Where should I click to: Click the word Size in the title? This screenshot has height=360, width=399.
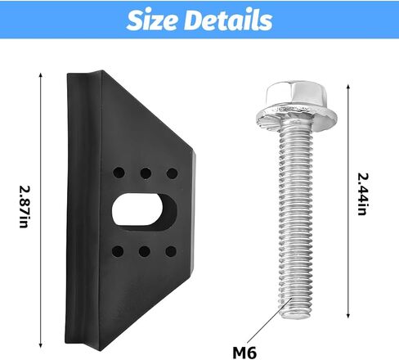click(153, 20)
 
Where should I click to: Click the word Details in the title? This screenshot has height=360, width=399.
click(228, 20)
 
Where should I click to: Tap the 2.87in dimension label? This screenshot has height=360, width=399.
click(24, 207)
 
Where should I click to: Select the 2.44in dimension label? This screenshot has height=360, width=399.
click(362, 194)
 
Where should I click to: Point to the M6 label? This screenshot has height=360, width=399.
click(244, 353)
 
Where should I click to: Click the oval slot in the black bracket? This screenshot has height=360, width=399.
click(144, 209)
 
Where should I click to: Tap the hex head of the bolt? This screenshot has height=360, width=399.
click(296, 95)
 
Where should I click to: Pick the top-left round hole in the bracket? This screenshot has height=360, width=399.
click(119, 173)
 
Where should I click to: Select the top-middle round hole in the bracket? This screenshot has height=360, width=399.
click(146, 173)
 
